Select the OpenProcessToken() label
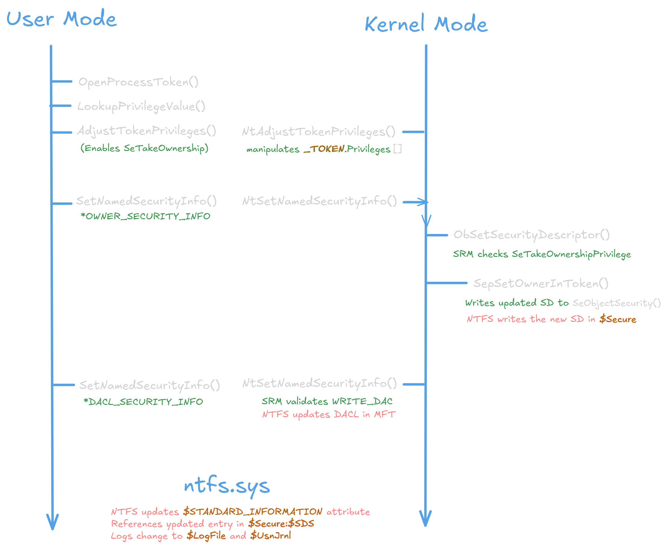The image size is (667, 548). click(x=138, y=82)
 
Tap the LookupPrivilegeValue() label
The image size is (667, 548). click(x=141, y=106)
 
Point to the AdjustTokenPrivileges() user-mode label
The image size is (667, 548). click(x=147, y=131)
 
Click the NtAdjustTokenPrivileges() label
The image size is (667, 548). click(x=318, y=132)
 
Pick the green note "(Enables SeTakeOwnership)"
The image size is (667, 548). click(x=144, y=148)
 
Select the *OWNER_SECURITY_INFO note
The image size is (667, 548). click(x=145, y=216)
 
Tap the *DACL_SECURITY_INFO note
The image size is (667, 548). click(x=143, y=402)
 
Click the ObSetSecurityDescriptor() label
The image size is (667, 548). click(x=532, y=235)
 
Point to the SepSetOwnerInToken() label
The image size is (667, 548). click(x=541, y=283)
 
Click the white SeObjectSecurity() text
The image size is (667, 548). click(x=616, y=303)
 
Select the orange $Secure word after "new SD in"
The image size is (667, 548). click(x=618, y=319)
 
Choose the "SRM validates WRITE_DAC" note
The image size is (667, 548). click(x=327, y=401)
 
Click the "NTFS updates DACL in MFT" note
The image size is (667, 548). click(x=329, y=414)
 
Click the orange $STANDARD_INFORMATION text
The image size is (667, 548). click(x=253, y=511)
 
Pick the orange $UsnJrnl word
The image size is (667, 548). click(x=271, y=535)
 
